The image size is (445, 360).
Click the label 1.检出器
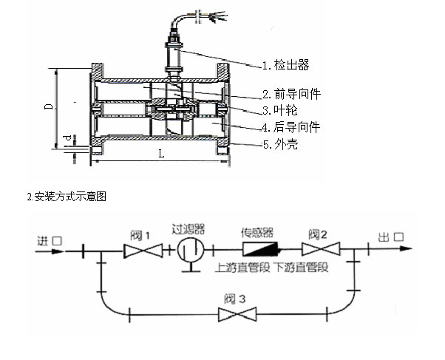coord(285,65)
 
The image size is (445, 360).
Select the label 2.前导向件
coord(291,94)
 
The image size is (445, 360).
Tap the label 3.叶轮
coord(279,110)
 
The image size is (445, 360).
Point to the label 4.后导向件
coord(291,127)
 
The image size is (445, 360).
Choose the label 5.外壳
coord(280,144)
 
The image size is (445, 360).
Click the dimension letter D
coord(49,106)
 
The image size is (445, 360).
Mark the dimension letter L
coord(161,154)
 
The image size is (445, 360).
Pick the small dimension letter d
coord(67,138)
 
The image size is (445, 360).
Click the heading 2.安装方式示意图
coord(67,197)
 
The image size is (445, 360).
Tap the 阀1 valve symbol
coord(143,251)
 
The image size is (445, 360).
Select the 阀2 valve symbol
coord(321,249)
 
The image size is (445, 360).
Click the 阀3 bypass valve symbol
coord(237,314)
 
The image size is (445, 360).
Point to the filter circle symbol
coord(191,250)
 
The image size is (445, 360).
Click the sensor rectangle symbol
coord(259,249)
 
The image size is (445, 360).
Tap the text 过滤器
coord(188,229)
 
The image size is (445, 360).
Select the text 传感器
coord(257,233)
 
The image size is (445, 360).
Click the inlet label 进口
coord(50,241)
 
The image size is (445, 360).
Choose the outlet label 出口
coord(390,237)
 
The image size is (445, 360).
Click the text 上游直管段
coord(242,268)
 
